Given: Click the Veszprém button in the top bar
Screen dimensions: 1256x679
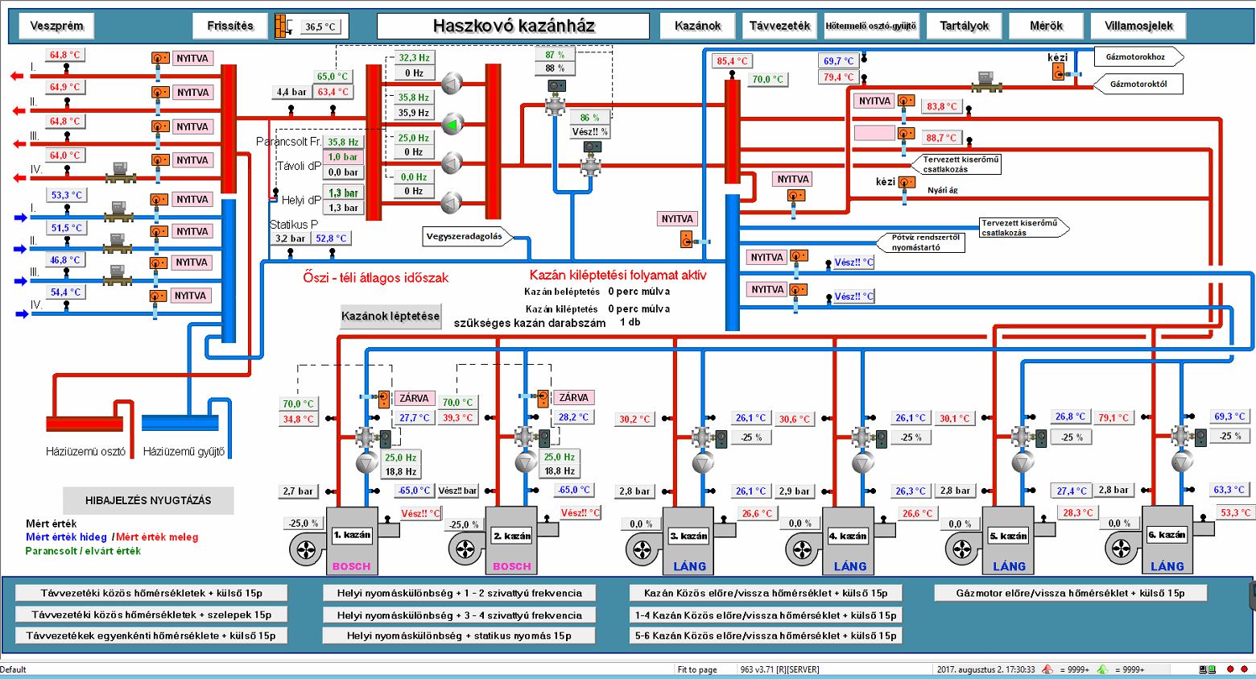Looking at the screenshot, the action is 56,26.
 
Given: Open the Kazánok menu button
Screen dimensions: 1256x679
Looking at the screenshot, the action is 697,26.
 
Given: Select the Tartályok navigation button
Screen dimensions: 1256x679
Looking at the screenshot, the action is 965,26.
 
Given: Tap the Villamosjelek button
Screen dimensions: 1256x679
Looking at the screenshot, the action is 1138,26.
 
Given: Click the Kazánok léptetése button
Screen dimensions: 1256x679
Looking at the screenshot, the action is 390,316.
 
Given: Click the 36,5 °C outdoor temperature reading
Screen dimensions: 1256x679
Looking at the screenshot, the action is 320,27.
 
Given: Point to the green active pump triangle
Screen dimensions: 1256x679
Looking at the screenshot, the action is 452,124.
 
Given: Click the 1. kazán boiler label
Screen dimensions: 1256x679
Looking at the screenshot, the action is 352,535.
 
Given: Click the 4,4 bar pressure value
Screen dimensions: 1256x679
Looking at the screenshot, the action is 291,92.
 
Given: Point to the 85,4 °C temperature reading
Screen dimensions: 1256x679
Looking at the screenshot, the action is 733,61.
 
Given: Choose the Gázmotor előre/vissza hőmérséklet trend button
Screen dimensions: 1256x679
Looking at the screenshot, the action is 1070,593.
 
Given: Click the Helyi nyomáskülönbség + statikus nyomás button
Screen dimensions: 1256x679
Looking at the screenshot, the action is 459,636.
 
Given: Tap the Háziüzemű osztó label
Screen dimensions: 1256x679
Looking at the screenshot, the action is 86,452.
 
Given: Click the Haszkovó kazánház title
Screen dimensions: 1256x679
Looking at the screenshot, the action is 514,26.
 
